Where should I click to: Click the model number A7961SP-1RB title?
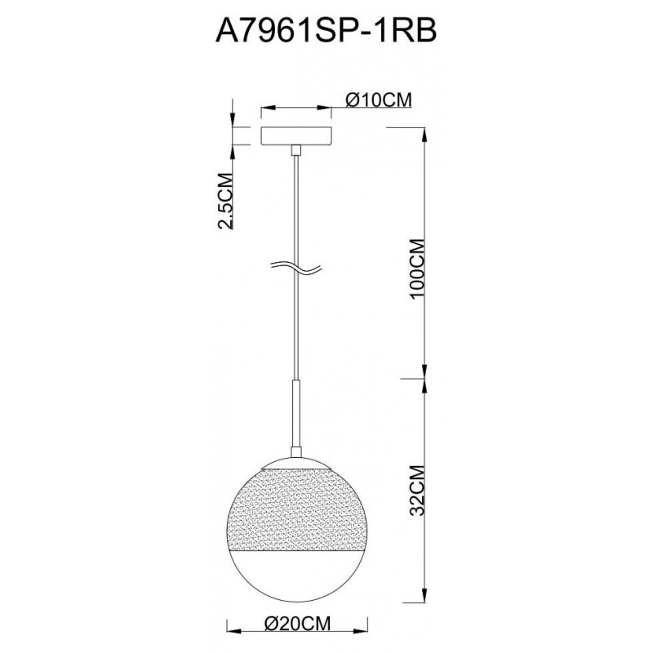point(326,30)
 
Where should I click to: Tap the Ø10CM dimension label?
point(379,100)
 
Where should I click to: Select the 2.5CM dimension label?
point(225,201)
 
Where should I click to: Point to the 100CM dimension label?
point(417,269)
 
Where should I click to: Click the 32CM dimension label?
point(417,491)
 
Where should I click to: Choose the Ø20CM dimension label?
point(298,624)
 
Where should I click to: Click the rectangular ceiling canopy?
point(296,135)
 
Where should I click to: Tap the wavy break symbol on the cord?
point(296,269)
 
